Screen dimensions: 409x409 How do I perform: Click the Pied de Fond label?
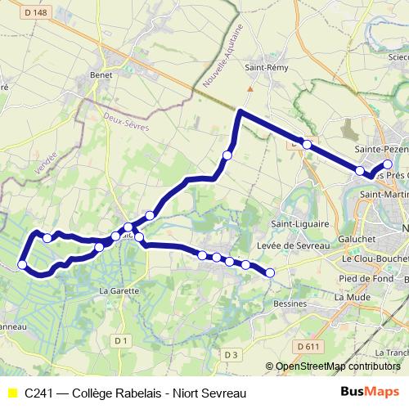(x=363, y=279)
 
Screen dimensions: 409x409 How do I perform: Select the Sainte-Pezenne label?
(x=382, y=151)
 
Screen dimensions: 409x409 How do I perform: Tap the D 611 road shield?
(x=308, y=347)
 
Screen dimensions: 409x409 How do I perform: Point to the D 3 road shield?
(x=230, y=354)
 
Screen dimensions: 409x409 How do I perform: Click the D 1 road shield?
(x=122, y=339)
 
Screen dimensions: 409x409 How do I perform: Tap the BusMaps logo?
(x=370, y=392)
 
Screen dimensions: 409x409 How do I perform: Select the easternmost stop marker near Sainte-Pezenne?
(x=388, y=165)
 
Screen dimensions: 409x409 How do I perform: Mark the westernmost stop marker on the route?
(x=22, y=264)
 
